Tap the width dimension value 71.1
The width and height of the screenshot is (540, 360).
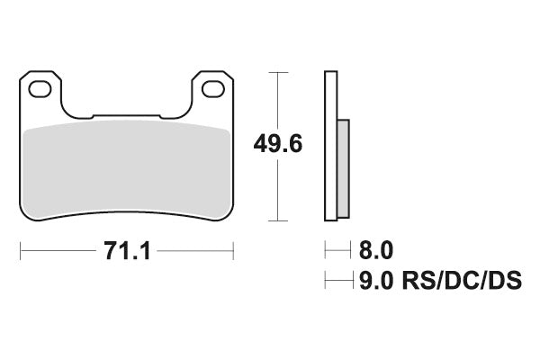pyautogui.click(x=126, y=249)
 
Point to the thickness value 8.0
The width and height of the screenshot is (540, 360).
pyautogui.click(x=376, y=248)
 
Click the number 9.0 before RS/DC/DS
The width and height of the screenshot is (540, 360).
pyautogui.click(x=376, y=283)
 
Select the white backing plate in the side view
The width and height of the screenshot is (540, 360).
pyautogui.click(x=330, y=144)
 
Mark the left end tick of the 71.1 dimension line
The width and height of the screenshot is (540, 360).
pyautogui.click(x=20, y=249)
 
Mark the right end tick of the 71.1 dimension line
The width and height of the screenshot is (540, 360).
pyautogui.click(x=234, y=249)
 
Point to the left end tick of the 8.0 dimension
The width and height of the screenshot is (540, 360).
pyautogui.click(x=326, y=248)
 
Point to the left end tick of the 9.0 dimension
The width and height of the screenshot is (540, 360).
pyautogui.click(x=326, y=283)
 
